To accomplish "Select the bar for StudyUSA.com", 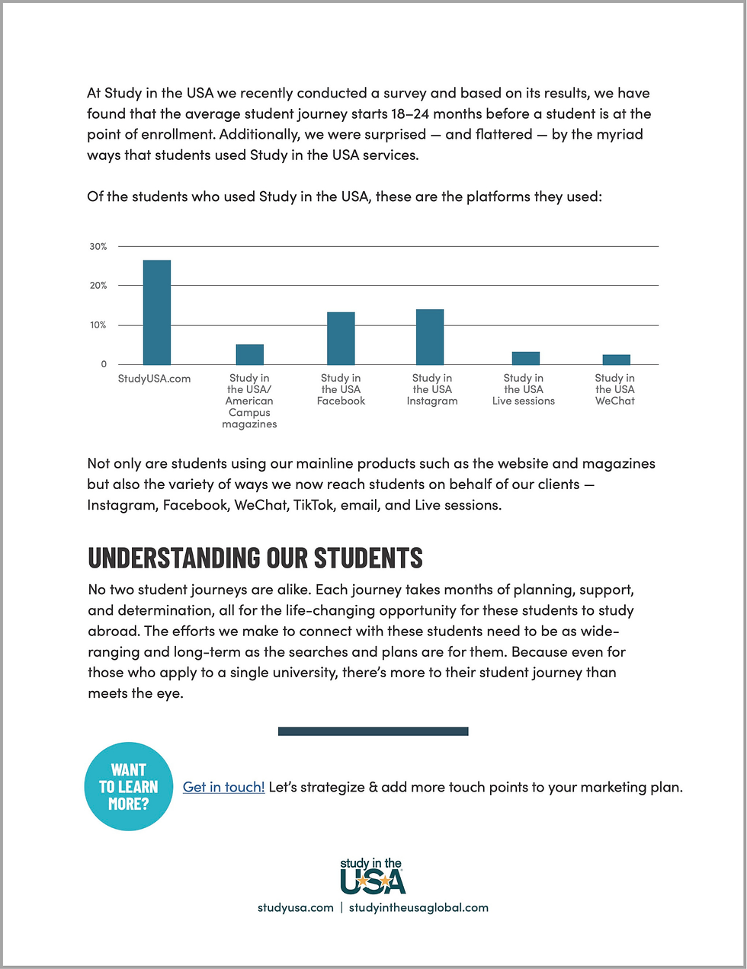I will (157, 312).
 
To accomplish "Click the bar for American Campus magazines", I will (249, 354).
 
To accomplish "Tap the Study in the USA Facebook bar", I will (341, 338).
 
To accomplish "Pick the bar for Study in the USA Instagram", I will (430, 337).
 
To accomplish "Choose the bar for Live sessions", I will (526, 358).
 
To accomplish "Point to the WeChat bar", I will (616, 360).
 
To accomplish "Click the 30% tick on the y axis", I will (98, 247).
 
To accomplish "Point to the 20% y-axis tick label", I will (98, 286).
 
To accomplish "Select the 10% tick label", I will (98, 325).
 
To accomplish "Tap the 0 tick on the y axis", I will (104, 364).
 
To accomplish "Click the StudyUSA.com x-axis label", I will (155, 379).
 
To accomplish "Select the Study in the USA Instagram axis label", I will (432, 389).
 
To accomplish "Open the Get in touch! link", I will (223, 787).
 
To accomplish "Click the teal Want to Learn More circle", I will (129, 786).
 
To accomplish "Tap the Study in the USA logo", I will (373, 876).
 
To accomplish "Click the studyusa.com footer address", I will (296, 907).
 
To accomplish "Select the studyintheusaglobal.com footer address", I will (418, 907).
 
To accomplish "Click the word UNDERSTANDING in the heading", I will (172, 558).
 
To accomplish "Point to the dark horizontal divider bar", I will (373, 731).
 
